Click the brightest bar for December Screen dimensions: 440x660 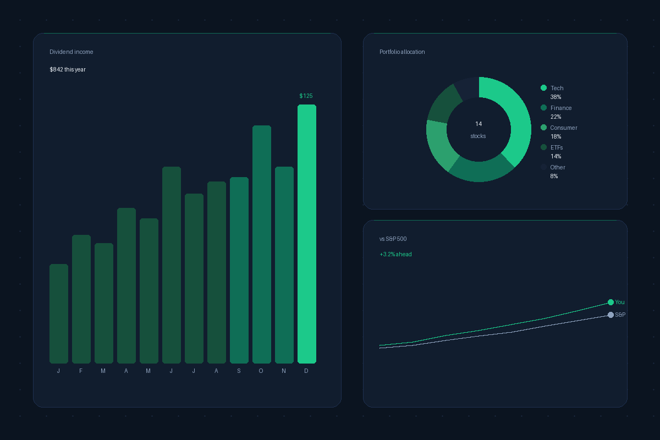click(307, 234)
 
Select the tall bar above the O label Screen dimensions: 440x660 click(262, 244)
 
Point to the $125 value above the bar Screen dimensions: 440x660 click(306, 96)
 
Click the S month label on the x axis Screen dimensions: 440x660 click(239, 371)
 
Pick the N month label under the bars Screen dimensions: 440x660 click(284, 371)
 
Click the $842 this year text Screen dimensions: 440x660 click(68, 69)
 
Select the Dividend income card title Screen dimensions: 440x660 click(71, 52)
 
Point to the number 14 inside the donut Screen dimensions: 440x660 click(479, 124)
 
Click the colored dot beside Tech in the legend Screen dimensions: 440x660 click(544, 88)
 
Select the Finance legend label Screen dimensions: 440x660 click(561, 108)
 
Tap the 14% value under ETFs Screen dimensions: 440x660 click(555, 156)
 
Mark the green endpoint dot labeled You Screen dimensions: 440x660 click(610, 302)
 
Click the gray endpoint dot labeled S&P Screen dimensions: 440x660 click(610, 315)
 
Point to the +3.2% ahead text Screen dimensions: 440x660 click(395, 254)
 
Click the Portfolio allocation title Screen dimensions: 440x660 click(402, 52)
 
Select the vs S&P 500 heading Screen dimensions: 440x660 click(393, 239)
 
